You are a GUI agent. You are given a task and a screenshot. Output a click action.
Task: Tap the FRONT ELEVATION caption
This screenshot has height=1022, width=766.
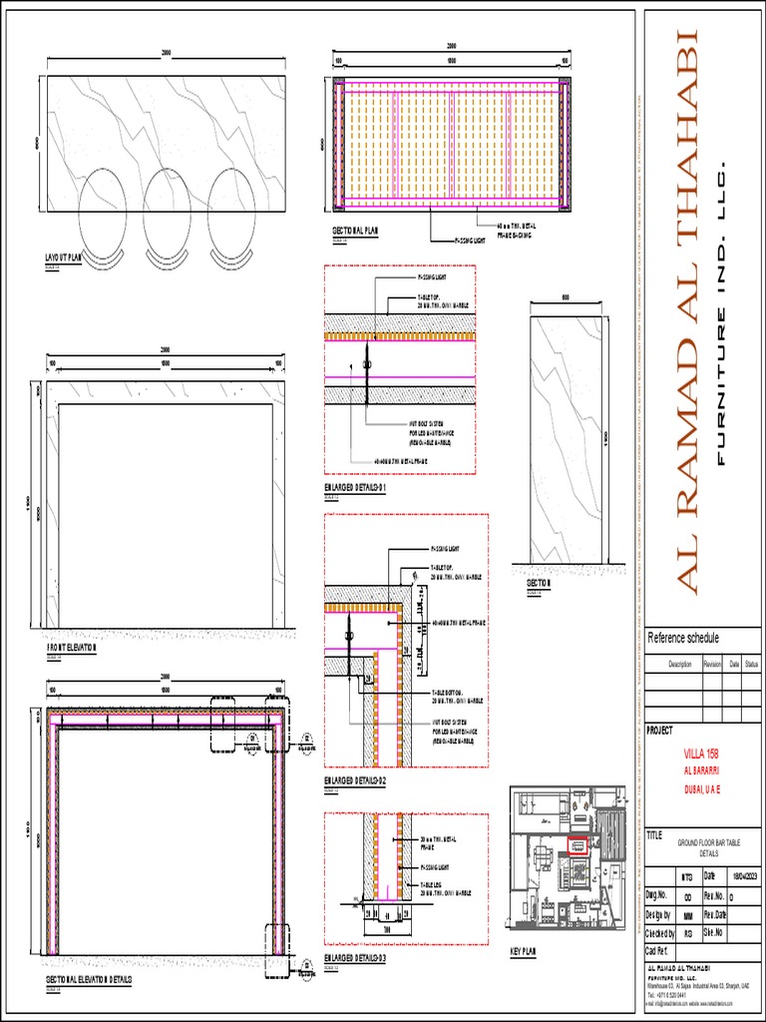click(72, 648)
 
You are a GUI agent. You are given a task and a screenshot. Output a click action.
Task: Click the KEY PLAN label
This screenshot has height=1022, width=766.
click(523, 952)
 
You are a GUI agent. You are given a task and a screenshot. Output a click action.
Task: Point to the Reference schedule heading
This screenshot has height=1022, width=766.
click(683, 639)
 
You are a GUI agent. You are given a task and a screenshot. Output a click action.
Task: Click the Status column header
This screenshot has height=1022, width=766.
click(751, 664)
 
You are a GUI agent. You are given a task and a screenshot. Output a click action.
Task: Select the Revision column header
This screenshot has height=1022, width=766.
click(711, 664)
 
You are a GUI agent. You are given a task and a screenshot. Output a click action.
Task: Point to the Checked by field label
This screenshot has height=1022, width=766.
click(661, 932)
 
